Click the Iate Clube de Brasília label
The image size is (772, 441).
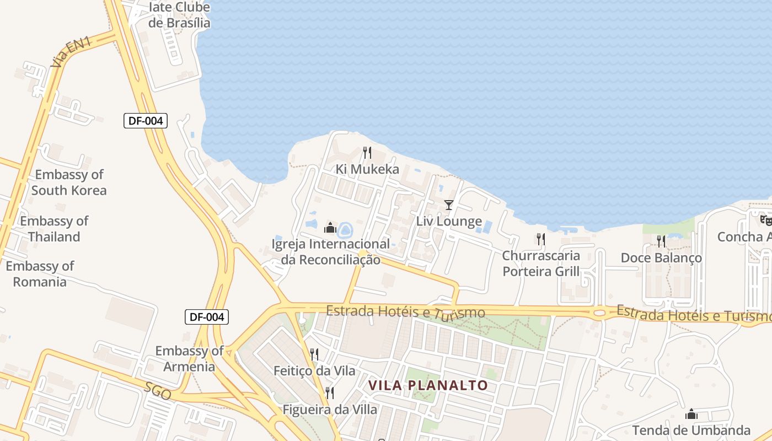[x=179, y=15]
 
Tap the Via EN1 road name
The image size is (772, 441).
[x=70, y=52]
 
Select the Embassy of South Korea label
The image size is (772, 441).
[x=69, y=182]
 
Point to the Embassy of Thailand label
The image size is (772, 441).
[x=54, y=229]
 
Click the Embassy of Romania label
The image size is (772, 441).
[x=40, y=274]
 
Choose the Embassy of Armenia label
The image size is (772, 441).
[x=189, y=359]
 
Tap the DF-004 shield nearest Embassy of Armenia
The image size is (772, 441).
[x=206, y=317]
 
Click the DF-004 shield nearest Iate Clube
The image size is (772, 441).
[x=145, y=121]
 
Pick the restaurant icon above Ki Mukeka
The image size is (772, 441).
[x=367, y=153]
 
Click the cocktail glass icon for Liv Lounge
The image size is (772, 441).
[x=449, y=205]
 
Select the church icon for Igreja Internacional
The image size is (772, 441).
[x=330, y=227]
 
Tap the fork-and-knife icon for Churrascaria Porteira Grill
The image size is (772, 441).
[x=541, y=239]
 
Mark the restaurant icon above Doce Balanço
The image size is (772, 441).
[x=661, y=241]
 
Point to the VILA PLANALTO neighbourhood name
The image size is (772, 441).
[x=428, y=385]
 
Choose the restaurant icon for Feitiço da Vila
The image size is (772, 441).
[x=314, y=354]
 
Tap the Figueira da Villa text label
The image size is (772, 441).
[x=330, y=410]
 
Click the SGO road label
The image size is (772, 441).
[x=158, y=391]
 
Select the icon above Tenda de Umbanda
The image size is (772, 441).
[x=691, y=414]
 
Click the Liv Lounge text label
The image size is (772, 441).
[x=449, y=222]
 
